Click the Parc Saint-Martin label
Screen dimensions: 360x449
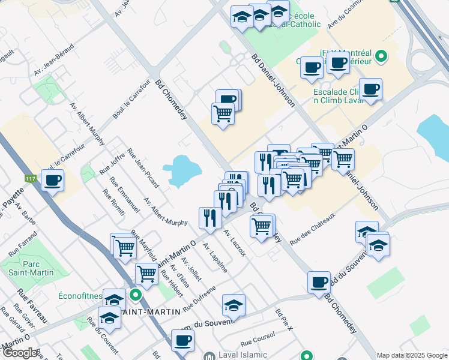(x=29, y=268)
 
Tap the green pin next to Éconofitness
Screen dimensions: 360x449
(x=136, y=295)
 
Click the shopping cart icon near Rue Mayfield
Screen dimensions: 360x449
(x=125, y=246)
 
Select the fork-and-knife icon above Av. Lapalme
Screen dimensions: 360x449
(x=209, y=217)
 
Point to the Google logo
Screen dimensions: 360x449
(x=20, y=353)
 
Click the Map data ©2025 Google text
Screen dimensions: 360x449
(x=412, y=355)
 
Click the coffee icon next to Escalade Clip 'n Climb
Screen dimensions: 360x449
(x=370, y=90)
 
